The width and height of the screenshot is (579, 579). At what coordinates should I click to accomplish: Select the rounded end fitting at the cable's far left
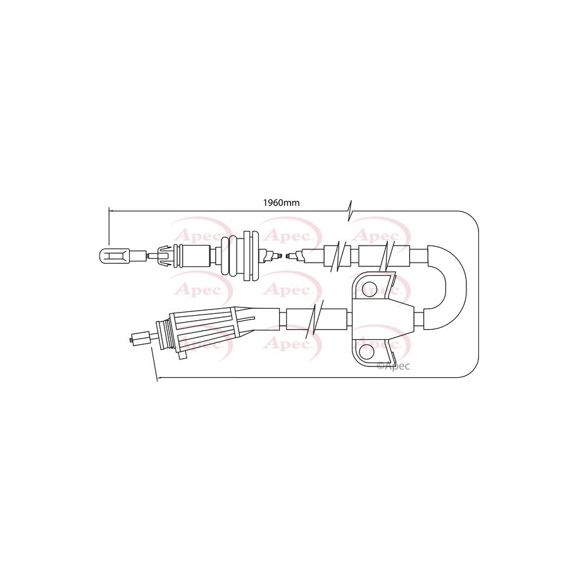tap(115, 256)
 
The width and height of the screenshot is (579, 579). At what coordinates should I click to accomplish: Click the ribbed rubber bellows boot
tap(232, 255)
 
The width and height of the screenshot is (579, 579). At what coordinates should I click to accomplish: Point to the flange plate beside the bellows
tap(252, 256)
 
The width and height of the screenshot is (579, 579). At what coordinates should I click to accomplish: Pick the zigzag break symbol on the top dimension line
tap(349, 211)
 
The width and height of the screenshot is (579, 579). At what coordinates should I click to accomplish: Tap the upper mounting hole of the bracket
tap(369, 288)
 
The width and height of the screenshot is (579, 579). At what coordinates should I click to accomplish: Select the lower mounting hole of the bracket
tap(366, 353)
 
